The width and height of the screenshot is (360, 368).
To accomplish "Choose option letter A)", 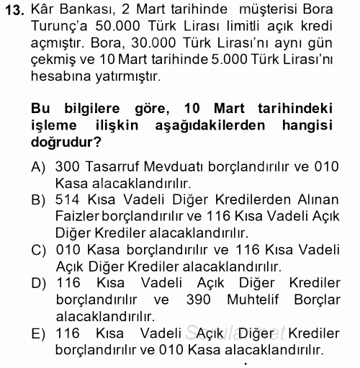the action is [x=41, y=166].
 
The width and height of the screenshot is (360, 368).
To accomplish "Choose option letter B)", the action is [x=41, y=199].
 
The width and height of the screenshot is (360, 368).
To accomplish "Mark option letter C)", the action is [x=41, y=249].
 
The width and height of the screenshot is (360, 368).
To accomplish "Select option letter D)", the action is [x=41, y=282].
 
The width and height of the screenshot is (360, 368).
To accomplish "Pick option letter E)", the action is [x=41, y=333].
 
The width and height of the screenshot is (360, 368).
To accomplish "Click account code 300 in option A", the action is [x=68, y=166].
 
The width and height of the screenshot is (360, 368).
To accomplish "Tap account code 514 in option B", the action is [x=68, y=199].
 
